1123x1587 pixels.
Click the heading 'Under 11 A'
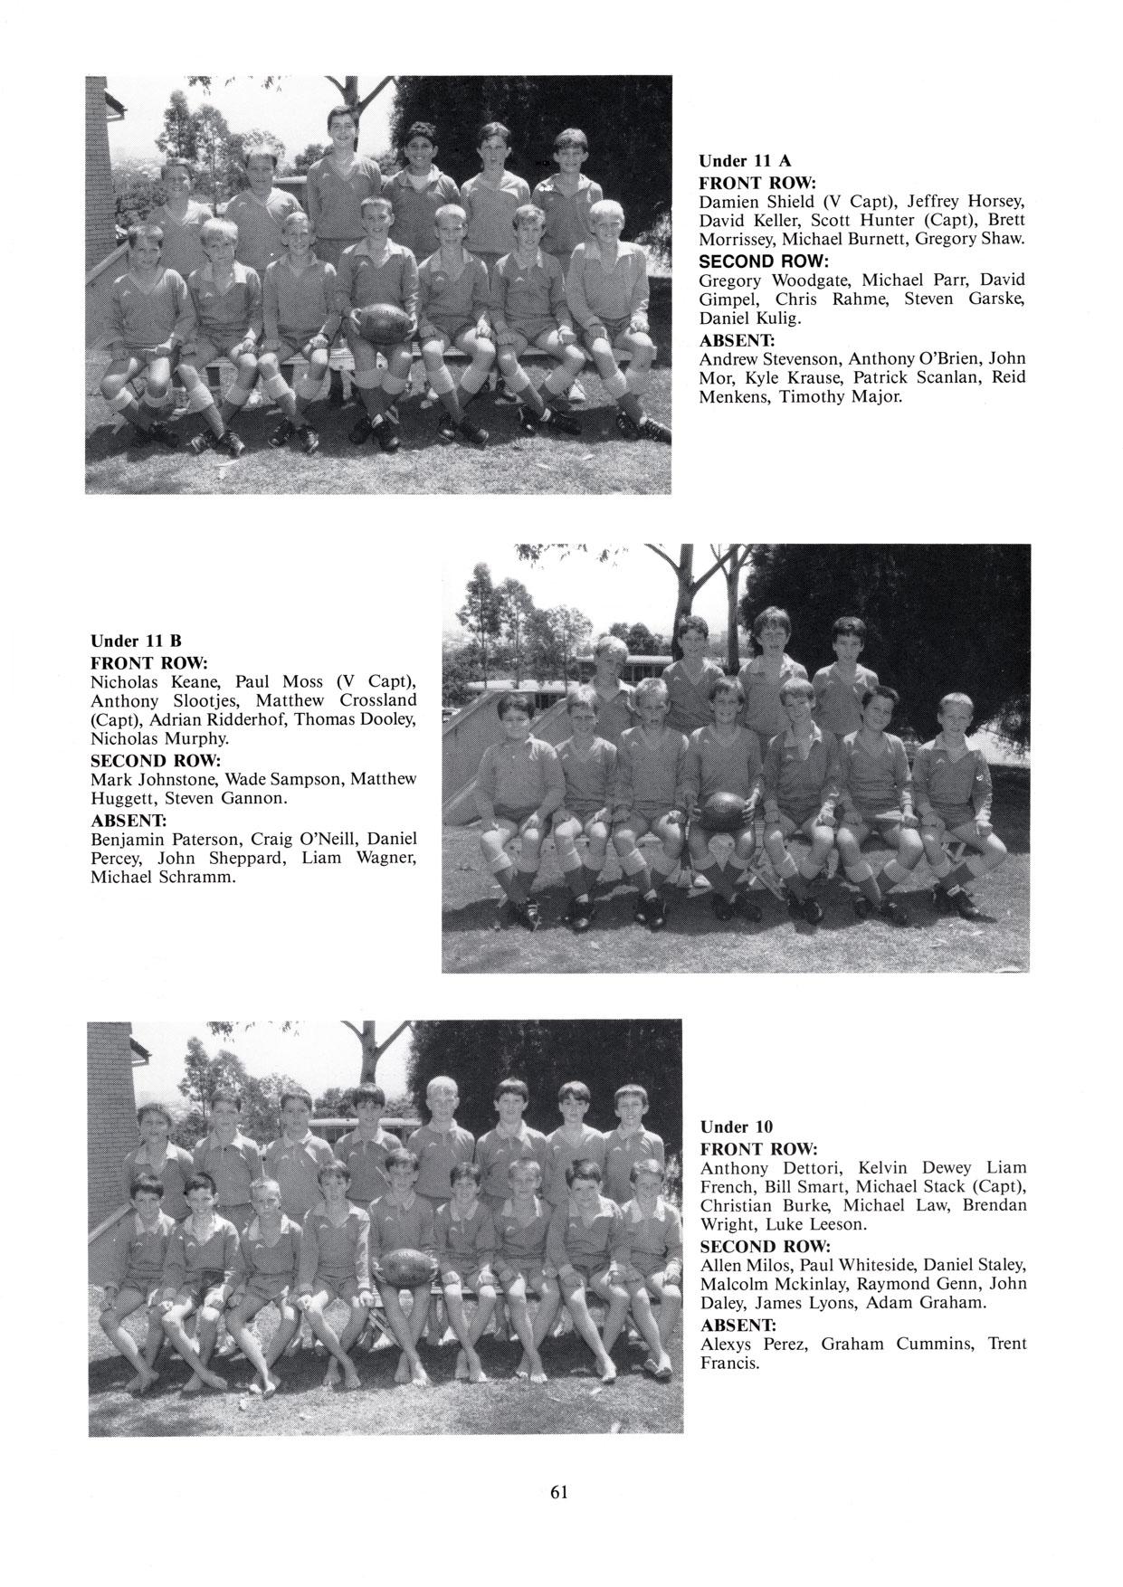pos(745,161)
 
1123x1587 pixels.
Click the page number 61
pos(558,1492)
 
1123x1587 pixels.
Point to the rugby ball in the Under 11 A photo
pos(380,320)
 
